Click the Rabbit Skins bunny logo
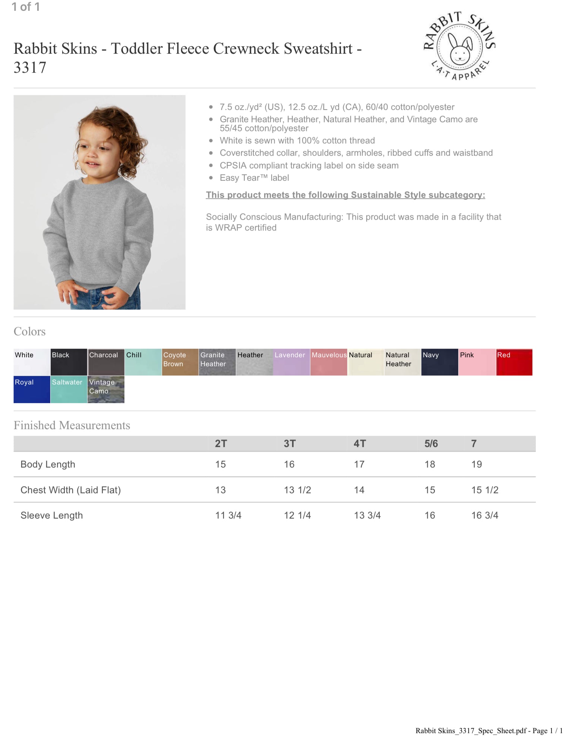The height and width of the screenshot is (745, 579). click(x=459, y=46)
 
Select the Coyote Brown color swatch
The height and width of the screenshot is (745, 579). click(x=180, y=362)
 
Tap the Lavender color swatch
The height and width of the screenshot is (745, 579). click(x=291, y=362)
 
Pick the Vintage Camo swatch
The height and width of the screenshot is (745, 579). click(x=106, y=389)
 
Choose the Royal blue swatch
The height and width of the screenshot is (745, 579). click(x=32, y=389)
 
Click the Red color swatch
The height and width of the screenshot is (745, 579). click(x=514, y=362)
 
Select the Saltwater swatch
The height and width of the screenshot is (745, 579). click(x=69, y=389)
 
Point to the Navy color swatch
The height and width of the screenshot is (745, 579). click(x=440, y=362)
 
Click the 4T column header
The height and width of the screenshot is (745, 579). click(x=360, y=444)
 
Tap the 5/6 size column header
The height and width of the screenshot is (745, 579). click(x=431, y=444)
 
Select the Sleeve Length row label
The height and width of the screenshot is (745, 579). click(x=52, y=515)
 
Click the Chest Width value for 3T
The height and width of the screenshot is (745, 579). click(x=297, y=490)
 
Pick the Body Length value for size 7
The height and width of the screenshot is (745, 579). click(x=477, y=464)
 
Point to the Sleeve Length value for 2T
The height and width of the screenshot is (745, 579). click(x=228, y=515)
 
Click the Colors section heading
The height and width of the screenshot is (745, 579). click(x=29, y=332)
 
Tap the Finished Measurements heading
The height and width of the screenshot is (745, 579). click(x=72, y=425)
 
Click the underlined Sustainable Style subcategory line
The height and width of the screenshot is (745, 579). click(x=345, y=195)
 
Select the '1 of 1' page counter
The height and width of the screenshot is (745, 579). click(x=26, y=7)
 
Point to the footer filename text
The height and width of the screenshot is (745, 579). click(x=488, y=730)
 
